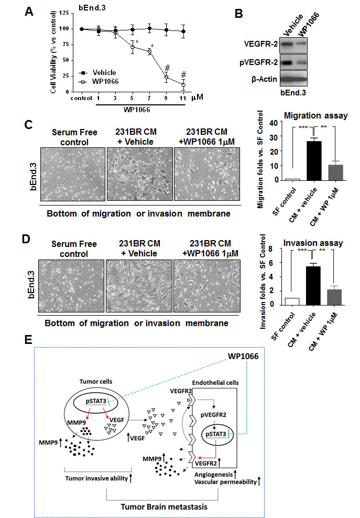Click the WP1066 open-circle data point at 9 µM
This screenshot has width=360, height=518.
(x=167, y=77)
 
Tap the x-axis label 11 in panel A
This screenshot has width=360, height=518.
(x=182, y=98)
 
